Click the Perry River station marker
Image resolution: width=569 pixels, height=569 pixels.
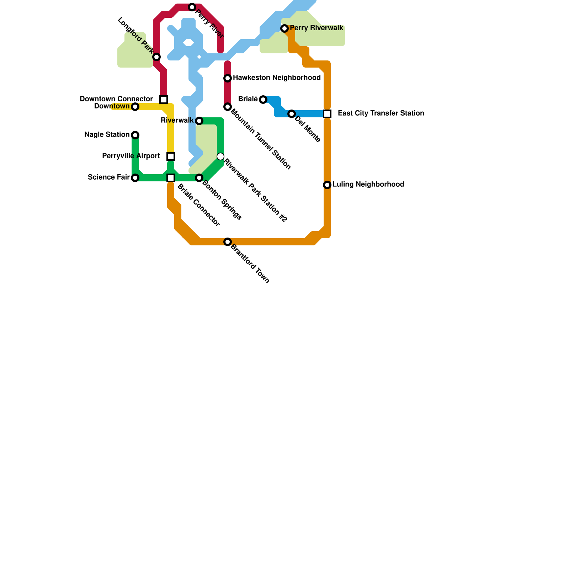click(x=192, y=7)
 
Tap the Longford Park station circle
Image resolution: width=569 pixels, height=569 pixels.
click(x=156, y=57)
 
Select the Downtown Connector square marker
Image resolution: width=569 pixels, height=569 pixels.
click(x=164, y=100)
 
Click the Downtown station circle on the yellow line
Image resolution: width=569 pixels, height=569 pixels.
click(x=135, y=107)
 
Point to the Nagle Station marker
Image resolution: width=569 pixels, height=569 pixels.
click(x=135, y=135)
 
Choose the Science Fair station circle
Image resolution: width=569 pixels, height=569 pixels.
click(x=135, y=178)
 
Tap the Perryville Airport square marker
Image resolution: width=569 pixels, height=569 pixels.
click(x=171, y=156)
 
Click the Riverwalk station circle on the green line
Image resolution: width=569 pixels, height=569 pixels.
click(x=199, y=121)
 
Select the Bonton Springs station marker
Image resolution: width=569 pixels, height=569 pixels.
click(x=199, y=178)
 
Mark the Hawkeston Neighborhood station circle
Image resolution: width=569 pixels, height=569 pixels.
click(x=228, y=78)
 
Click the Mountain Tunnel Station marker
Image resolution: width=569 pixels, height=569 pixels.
click(x=228, y=107)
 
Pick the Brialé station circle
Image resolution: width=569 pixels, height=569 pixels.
click(x=263, y=100)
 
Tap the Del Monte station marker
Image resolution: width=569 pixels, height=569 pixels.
click(x=292, y=114)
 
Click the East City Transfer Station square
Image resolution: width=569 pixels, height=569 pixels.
click(x=327, y=114)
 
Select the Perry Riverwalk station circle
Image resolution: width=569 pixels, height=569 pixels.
click(x=284, y=28)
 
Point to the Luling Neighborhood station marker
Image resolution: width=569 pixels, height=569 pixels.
click(x=327, y=185)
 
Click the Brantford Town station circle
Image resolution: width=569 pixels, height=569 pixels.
click(x=228, y=242)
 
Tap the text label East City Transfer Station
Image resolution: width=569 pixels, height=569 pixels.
click(x=381, y=113)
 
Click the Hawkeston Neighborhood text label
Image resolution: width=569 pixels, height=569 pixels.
click(x=277, y=78)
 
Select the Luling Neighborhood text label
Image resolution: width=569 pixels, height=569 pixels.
click(x=368, y=185)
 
